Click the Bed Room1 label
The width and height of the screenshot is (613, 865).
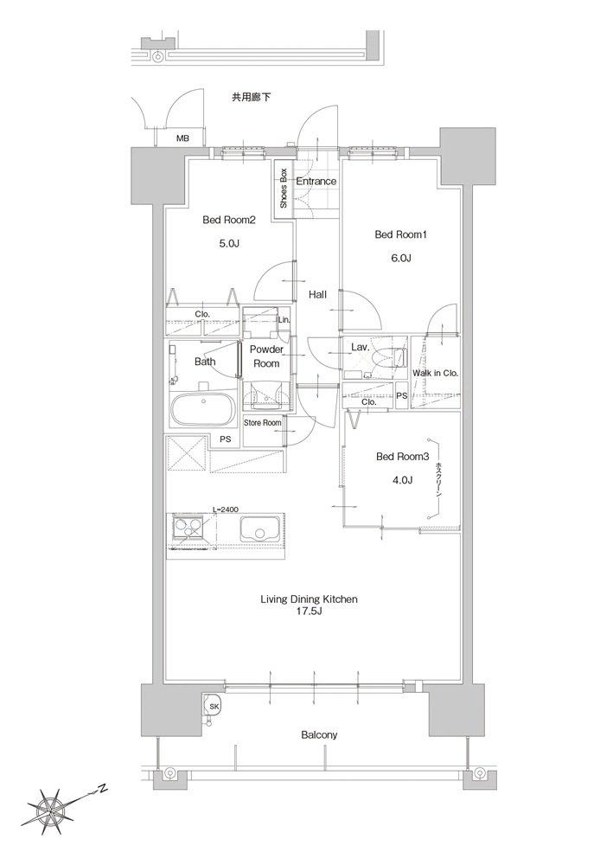click(401, 235)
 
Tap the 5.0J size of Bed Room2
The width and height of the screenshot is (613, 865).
click(228, 243)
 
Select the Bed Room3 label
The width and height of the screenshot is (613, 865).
click(402, 456)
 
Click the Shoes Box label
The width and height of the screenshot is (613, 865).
click(284, 188)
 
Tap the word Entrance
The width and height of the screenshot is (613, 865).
click(316, 181)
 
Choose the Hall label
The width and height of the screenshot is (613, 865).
click(317, 295)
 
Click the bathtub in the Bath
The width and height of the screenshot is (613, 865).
click(203, 408)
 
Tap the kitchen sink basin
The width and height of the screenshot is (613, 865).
click(260, 530)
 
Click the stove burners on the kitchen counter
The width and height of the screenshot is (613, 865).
click(188, 529)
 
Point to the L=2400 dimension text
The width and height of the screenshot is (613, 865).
click(226, 509)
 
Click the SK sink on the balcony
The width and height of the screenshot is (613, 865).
click(213, 706)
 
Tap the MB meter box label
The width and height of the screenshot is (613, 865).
click(182, 138)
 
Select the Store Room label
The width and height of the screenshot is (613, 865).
click(263, 423)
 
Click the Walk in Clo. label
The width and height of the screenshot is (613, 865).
click(436, 373)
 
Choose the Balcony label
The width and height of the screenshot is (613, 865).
click(319, 734)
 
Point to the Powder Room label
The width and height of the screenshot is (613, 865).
click(266, 356)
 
